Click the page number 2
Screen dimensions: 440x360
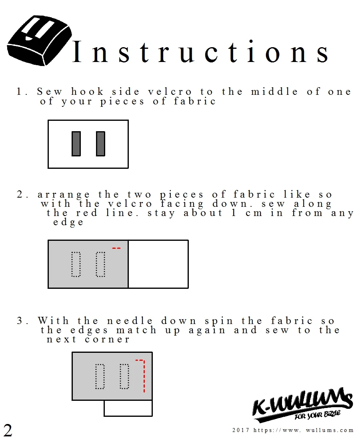[x=8, y=430]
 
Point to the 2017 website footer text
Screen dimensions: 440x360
[x=293, y=430]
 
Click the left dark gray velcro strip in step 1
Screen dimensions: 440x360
[x=76, y=144]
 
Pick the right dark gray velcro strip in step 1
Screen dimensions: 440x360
[x=100, y=144]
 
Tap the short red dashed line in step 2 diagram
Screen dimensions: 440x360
[x=116, y=248]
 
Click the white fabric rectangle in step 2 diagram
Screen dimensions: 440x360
[x=158, y=264]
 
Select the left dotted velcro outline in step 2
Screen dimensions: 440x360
[x=76, y=264]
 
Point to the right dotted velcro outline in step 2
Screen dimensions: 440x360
[x=100, y=264]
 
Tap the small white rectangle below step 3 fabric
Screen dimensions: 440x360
[x=128, y=408]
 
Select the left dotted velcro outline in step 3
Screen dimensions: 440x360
[x=100, y=376]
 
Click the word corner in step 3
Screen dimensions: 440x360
[x=107, y=340]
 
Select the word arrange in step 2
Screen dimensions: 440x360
[x=64, y=195]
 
